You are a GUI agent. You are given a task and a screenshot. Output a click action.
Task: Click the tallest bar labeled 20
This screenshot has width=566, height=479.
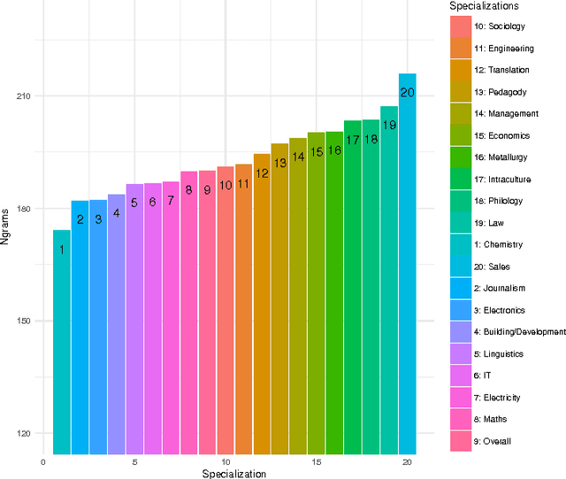coord(407,266)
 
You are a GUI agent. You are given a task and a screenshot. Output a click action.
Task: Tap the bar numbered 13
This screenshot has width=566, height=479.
coord(279,301)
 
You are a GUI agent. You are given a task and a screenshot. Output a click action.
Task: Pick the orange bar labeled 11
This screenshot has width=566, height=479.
coord(243,310)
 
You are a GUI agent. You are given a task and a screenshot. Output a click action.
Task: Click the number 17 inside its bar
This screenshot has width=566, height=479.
coord(352,140)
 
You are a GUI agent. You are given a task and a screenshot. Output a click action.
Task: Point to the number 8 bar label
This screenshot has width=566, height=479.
coord(188,189)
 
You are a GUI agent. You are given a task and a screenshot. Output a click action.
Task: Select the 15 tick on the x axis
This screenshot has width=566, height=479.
coord(316,462)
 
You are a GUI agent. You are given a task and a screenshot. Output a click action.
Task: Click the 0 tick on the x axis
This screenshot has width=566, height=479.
coord(43,462)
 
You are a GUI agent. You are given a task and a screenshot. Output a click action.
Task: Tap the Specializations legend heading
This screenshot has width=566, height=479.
coord(483,7)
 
